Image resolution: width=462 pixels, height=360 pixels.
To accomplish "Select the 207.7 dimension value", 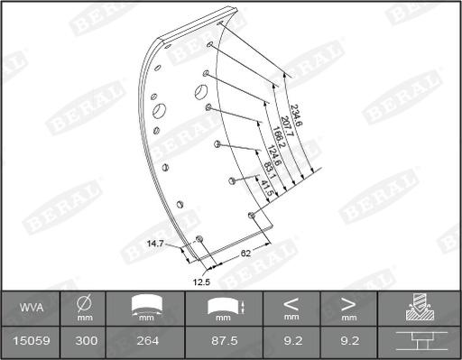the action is (287, 126).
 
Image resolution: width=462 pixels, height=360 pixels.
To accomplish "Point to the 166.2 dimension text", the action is (278, 138).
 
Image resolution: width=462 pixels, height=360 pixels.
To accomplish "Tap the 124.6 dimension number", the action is (273, 155).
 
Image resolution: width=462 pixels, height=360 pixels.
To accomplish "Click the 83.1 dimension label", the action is (269, 171).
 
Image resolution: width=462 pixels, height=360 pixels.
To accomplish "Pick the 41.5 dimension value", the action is (266, 189).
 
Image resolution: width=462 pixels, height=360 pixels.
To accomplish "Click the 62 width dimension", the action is (245, 254).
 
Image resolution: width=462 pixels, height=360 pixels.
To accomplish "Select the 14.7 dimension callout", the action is (155, 244).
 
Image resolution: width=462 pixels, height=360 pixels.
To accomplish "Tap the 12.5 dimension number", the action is (201, 282).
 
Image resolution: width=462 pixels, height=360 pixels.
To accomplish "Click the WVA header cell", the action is (32, 308).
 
